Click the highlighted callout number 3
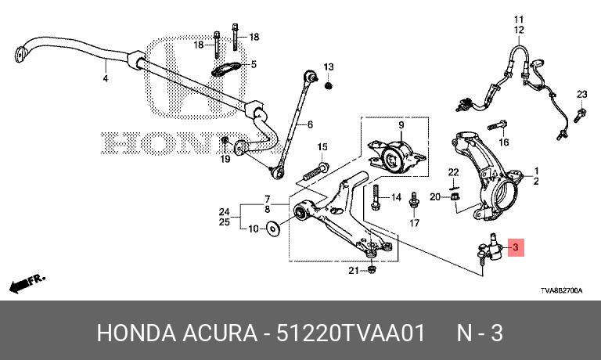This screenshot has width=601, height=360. click(516, 247)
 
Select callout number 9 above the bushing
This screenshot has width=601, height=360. click(401, 125)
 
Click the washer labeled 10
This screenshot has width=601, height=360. click(273, 229)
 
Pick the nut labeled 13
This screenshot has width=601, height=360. click(328, 85)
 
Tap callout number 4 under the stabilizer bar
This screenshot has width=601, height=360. click(106, 78)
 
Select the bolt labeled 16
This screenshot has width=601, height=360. click(498, 125)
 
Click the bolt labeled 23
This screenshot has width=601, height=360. click(580, 115)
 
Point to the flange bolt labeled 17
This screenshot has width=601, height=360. click(414, 200)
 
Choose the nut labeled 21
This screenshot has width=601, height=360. click(372, 269)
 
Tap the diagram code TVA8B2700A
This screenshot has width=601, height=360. click(562, 290)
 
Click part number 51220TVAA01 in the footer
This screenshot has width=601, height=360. click(351, 333)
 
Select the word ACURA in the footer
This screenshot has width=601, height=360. click(220, 333)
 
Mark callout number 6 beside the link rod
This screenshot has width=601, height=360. click(310, 124)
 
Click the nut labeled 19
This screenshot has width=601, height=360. click(225, 142)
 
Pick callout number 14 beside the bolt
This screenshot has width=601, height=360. click(395, 197)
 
